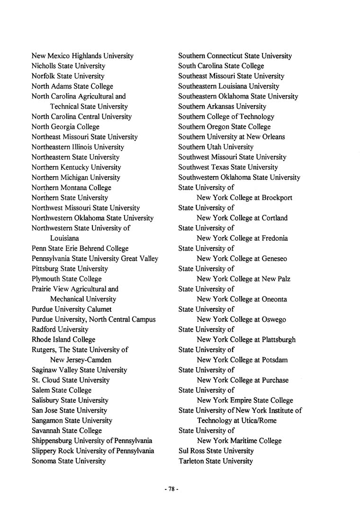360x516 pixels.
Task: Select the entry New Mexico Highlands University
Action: (82, 56)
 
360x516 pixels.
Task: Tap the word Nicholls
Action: (44, 66)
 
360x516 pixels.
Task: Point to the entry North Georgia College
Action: (65, 127)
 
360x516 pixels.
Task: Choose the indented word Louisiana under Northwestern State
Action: (64, 238)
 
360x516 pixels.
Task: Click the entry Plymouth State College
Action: (66, 279)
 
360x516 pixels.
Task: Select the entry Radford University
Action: (60, 329)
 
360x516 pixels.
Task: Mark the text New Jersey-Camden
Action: (81, 360)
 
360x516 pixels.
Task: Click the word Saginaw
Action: (45, 370)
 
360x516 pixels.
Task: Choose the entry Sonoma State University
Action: (69, 461)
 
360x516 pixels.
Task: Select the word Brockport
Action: (277, 198)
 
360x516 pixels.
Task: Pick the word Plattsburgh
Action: (278, 340)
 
